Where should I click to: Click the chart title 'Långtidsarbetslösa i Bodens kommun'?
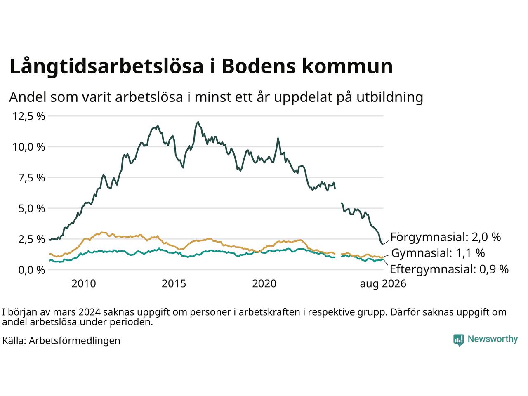tap(201, 66)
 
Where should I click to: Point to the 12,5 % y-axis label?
tap(28, 116)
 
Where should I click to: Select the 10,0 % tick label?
tap(28, 147)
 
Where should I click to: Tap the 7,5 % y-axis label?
tap(32, 178)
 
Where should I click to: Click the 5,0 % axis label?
tap(32, 208)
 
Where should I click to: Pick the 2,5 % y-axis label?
tap(32, 239)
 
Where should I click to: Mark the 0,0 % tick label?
tap(32, 270)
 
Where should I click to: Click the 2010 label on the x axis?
tap(84, 284)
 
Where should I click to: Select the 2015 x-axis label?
tap(174, 284)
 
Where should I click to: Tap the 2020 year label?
tap(264, 284)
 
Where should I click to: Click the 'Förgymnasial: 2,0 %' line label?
tap(445, 237)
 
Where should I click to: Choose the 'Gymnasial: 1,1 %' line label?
tap(438, 253)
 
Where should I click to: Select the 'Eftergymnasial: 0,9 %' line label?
tap(449, 269)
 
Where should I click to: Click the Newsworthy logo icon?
tap(458, 340)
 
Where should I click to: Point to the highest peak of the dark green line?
tap(198, 122)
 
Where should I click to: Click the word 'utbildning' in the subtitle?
tap(390, 97)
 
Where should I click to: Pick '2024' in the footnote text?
tap(89, 312)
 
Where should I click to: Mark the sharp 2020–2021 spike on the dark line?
tap(278, 139)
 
